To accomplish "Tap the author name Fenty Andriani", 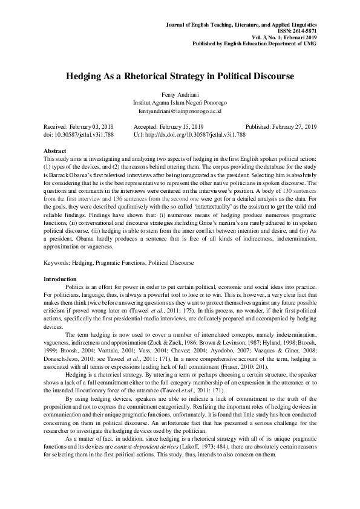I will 180,96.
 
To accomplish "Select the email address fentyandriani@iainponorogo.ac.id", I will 180,112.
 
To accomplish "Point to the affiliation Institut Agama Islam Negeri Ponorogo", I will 180,103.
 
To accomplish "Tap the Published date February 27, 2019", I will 293,126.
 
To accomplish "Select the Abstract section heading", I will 55,150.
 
